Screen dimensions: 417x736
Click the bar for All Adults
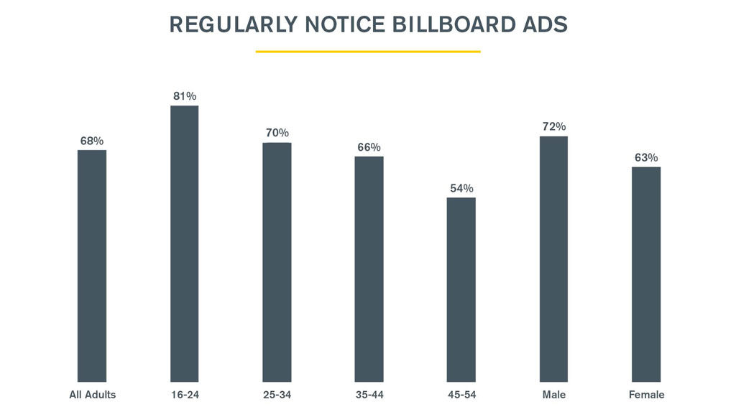tap(92, 266)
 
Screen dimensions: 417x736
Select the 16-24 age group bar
tap(184, 244)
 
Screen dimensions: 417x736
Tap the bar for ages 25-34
tap(277, 262)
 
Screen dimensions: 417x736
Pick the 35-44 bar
tap(369, 269)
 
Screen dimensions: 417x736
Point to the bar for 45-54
tap(461, 289)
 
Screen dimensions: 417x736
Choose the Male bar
tap(553, 258)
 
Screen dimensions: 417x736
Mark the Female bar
tap(646, 274)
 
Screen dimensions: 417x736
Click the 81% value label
tap(185, 95)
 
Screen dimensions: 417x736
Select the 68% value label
tap(92, 141)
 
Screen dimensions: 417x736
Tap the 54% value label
tap(461, 188)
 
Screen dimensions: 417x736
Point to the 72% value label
tap(554, 126)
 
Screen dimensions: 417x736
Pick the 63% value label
tap(646, 157)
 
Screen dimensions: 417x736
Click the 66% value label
tap(369, 147)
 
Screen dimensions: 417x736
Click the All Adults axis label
tap(92, 395)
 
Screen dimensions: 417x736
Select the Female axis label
tap(646, 395)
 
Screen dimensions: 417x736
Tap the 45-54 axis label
tap(461, 395)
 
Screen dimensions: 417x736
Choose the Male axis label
tap(554, 395)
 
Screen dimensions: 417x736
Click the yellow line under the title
tap(368, 52)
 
